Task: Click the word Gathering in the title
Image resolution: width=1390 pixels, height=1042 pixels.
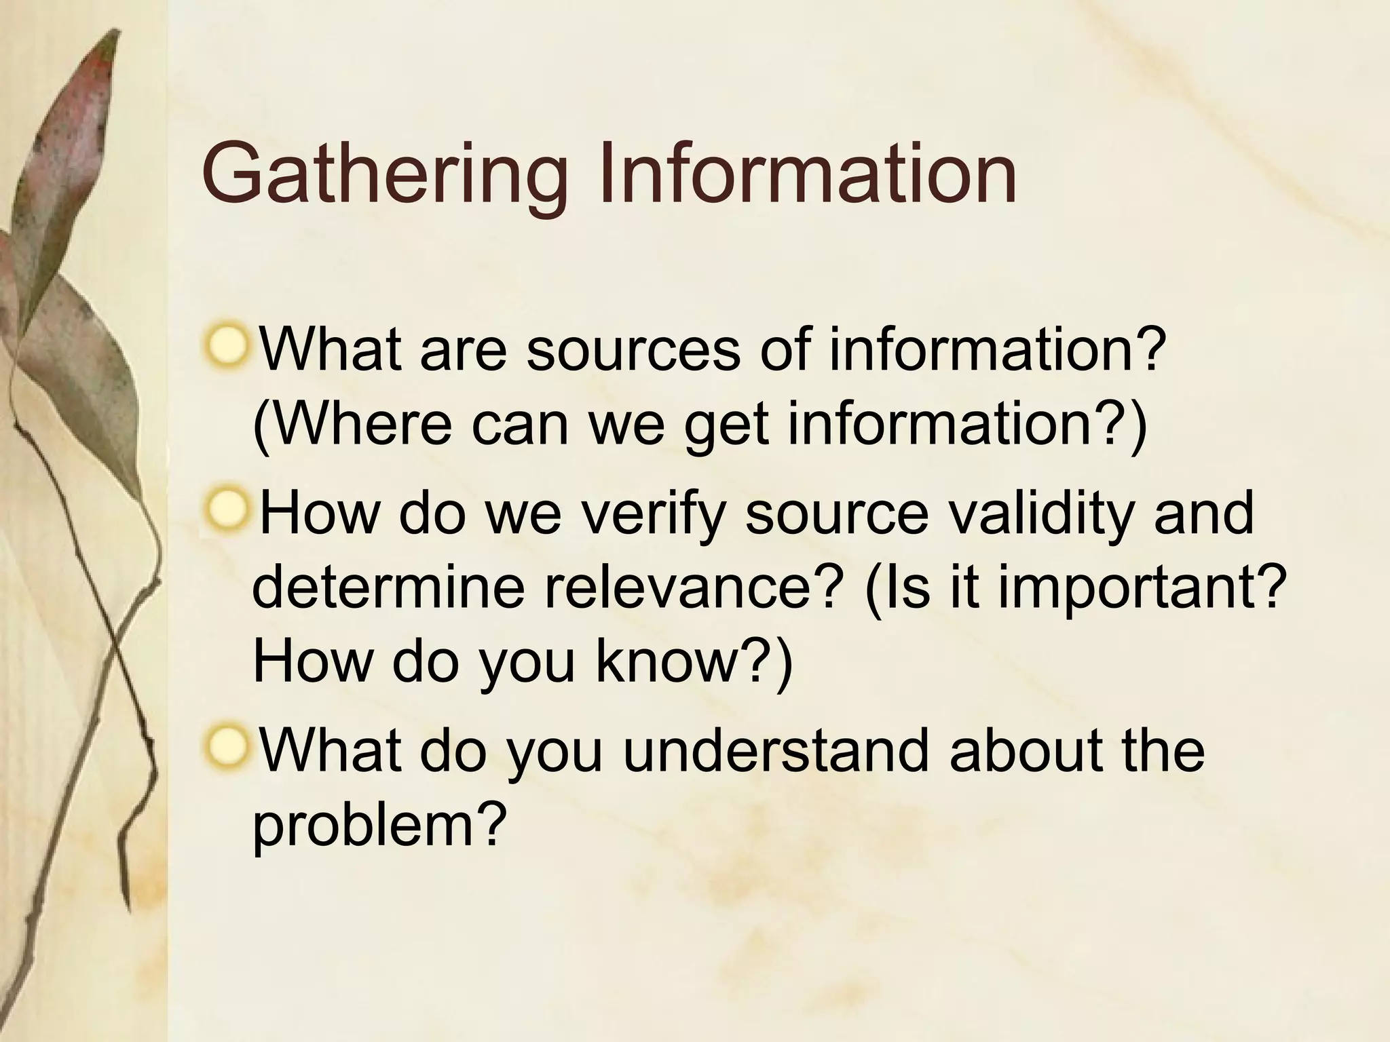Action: (384, 175)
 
